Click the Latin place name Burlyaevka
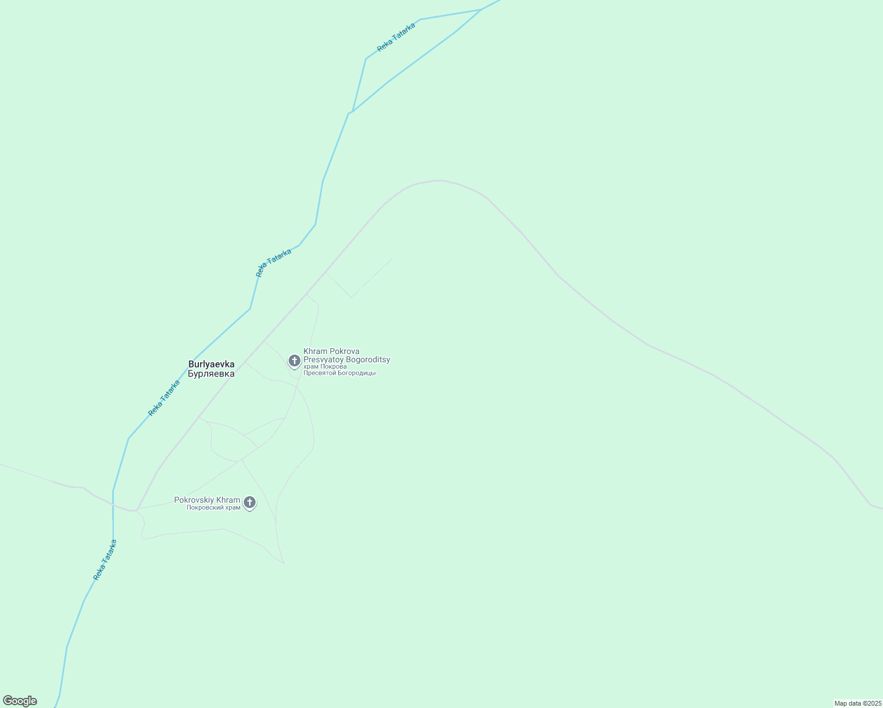[x=211, y=364]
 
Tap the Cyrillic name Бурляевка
[x=211, y=373]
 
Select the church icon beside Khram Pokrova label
[x=294, y=360]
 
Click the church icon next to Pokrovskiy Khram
[x=250, y=503]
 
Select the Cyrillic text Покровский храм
[x=213, y=507]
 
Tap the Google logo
[x=19, y=701]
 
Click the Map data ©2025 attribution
[x=858, y=703]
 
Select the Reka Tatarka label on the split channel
[x=396, y=37]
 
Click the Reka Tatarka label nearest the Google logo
[x=105, y=560]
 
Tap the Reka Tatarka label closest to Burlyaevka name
[x=164, y=398]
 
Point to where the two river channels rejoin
[x=351, y=112]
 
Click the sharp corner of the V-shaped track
[x=351, y=297]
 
